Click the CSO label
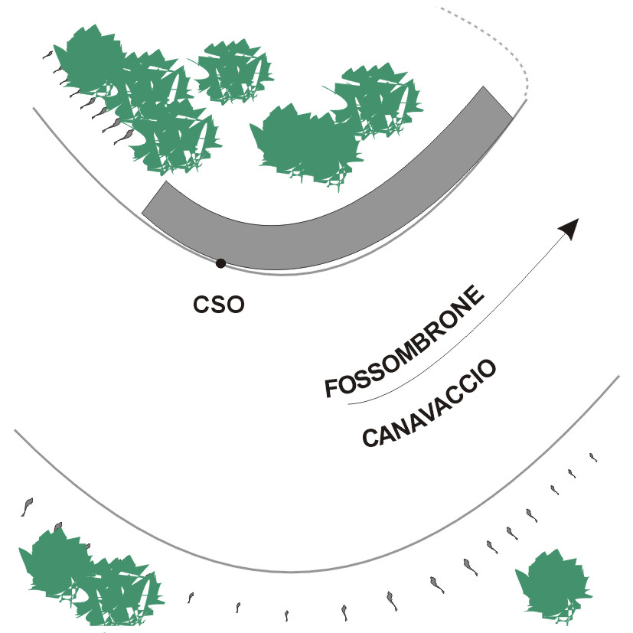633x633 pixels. pos(218,305)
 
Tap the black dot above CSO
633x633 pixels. pos(220,263)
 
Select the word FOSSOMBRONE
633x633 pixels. pos(406,342)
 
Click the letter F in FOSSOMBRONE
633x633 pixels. pos(331,389)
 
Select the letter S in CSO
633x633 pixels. pos(218,305)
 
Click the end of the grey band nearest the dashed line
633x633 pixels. pos(498,103)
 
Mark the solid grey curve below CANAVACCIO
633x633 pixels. pos(291,571)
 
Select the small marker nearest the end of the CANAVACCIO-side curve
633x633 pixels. pos(592,458)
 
